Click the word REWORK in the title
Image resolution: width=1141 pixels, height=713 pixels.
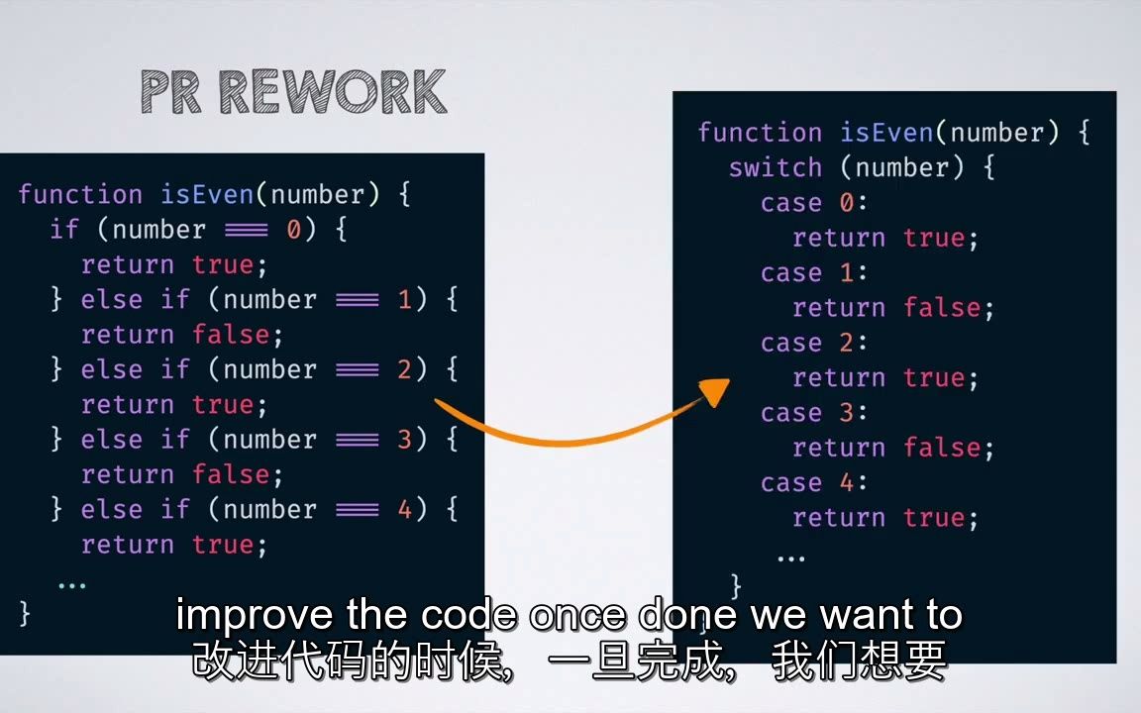pos(333,92)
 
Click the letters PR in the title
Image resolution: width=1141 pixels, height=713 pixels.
pos(170,92)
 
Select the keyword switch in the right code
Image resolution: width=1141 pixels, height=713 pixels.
pos(776,168)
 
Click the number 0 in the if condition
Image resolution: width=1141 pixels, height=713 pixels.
pos(293,230)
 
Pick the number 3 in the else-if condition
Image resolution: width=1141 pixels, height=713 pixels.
pos(404,440)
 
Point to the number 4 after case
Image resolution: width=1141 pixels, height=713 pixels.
pos(846,482)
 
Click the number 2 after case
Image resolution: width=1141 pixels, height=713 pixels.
pos(846,343)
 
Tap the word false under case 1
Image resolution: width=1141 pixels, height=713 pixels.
pos(942,308)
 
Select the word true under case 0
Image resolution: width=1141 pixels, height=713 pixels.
pos(934,238)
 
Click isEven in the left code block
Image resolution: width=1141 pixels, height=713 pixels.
pos(207,194)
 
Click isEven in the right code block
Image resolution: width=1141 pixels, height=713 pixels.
pos(887,133)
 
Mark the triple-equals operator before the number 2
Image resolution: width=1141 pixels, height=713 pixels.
pos(358,370)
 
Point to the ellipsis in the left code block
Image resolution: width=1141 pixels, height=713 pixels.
pos(72,585)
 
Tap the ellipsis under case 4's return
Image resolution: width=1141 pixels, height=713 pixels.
pos(791,559)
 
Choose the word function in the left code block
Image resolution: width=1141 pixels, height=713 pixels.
pos(80,194)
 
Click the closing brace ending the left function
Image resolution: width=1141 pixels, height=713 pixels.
pos(25,613)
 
